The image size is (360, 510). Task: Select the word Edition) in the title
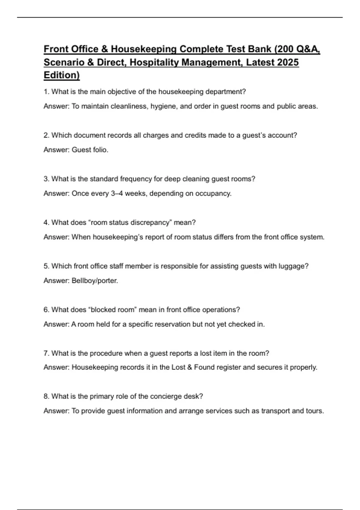[x=61, y=75]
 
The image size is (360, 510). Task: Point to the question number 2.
[x=46, y=135]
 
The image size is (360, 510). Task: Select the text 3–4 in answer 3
[x=117, y=193]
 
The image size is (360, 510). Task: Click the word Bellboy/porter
[x=95, y=281]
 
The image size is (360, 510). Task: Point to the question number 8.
[x=46, y=396]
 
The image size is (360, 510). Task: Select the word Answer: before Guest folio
[x=56, y=150]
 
